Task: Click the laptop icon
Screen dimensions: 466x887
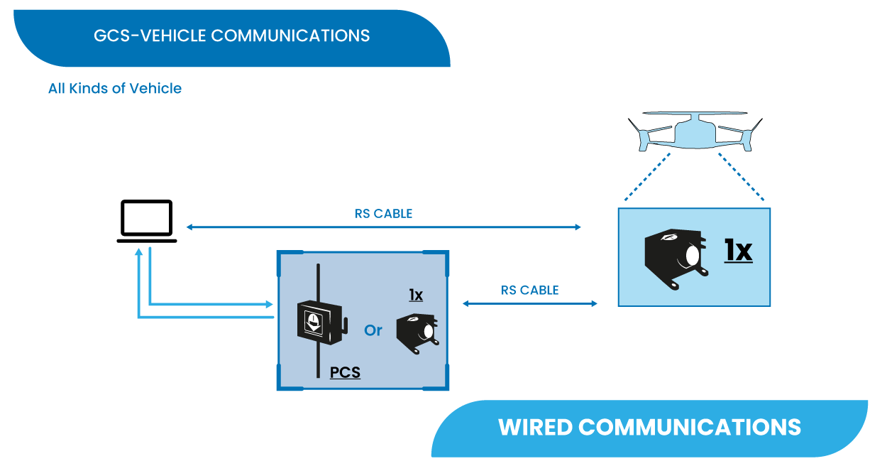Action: pos(146,221)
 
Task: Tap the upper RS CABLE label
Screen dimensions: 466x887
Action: pos(383,213)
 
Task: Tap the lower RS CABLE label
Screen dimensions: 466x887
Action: pos(529,290)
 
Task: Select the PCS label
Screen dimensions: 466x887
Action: pos(345,372)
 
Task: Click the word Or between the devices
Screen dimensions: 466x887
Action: pos(373,330)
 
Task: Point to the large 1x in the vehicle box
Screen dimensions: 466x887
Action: pos(738,250)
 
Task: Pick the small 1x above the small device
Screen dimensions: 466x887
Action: pos(416,294)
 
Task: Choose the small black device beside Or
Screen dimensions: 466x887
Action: pos(417,330)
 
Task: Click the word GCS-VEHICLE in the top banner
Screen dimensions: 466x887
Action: pos(150,36)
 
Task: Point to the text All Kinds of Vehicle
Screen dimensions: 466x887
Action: pos(115,89)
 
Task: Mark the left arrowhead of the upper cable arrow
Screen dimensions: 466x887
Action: pos(189,227)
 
